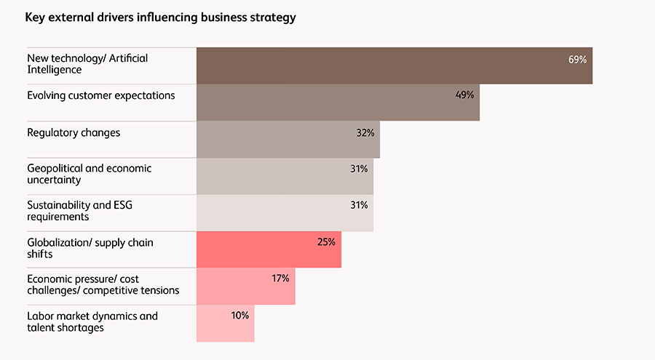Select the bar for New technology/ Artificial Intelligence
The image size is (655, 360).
click(x=393, y=65)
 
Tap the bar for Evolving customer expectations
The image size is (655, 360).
click(x=337, y=103)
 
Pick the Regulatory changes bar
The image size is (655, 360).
click(x=287, y=139)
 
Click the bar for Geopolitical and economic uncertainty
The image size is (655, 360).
click(x=284, y=176)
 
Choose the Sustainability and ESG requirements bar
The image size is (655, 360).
click(x=284, y=213)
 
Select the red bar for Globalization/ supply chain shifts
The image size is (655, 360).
click(x=268, y=249)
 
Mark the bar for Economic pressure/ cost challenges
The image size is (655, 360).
click(x=245, y=287)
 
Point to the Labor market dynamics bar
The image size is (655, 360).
click(x=225, y=323)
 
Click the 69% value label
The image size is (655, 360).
click(x=577, y=59)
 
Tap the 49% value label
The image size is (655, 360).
click(x=464, y=95)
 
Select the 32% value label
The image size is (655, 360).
click(x=365, y=132)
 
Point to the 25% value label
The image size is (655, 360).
click(x=326, y=242)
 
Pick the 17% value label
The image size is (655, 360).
click(x=280, y=279)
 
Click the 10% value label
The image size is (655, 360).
click(x=240, y=316)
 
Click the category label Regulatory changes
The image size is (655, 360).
click(x=74, y=133)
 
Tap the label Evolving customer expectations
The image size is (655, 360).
click(x=100, y=96)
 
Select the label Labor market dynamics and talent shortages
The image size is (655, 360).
click(x=92, y=321)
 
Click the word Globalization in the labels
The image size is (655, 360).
click(x=59, y=242)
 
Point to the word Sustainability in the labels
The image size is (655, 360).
click(x=58, y=205)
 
